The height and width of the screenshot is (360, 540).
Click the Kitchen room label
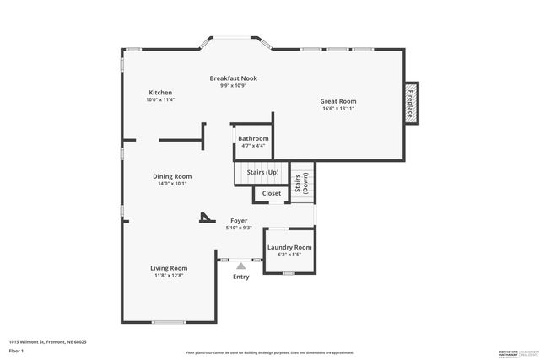[160, 93]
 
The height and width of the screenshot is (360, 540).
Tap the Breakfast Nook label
[233, 78]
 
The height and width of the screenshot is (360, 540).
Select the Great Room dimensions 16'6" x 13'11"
[338, 109]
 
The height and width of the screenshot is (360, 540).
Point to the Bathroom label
[253, 138]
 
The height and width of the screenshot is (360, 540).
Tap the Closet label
[272, 193]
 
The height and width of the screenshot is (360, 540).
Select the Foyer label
[239, 221]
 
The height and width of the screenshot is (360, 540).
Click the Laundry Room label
[289, 247]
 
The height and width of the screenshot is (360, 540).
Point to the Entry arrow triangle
[240, 266]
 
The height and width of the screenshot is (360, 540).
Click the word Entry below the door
[240, 277]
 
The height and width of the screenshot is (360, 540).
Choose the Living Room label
[169, 268]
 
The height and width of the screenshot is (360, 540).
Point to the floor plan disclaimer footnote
[269, 352]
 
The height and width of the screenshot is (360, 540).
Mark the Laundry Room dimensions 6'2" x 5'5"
[289, 255]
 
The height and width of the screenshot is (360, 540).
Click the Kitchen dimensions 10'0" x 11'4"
[160, 100]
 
